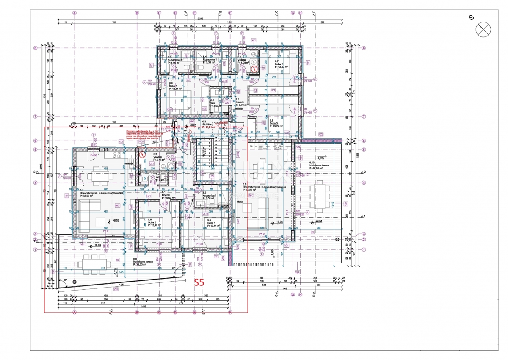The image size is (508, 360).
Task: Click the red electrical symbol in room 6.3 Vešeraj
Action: click(x=254, y=69)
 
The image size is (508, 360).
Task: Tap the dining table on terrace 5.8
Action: click(x=91, y=263)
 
